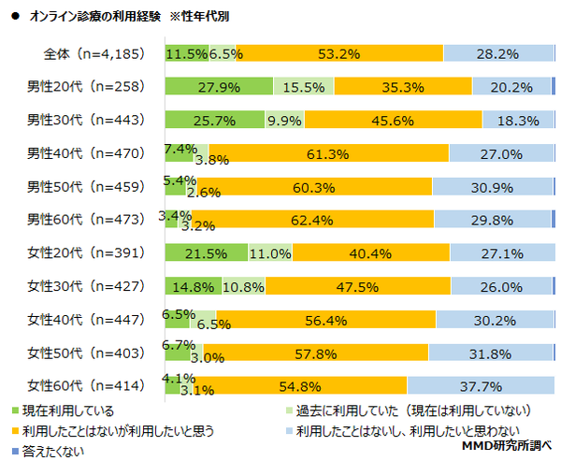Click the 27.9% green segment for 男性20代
click(219, 88)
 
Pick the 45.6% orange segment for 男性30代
click(393, 121)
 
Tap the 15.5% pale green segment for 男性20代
click(303, 88)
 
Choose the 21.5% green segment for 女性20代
click(206, 252)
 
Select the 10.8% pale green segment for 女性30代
click(243, 286)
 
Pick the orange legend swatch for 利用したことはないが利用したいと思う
click(16, 431)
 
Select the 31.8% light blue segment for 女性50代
click(490, 353)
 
